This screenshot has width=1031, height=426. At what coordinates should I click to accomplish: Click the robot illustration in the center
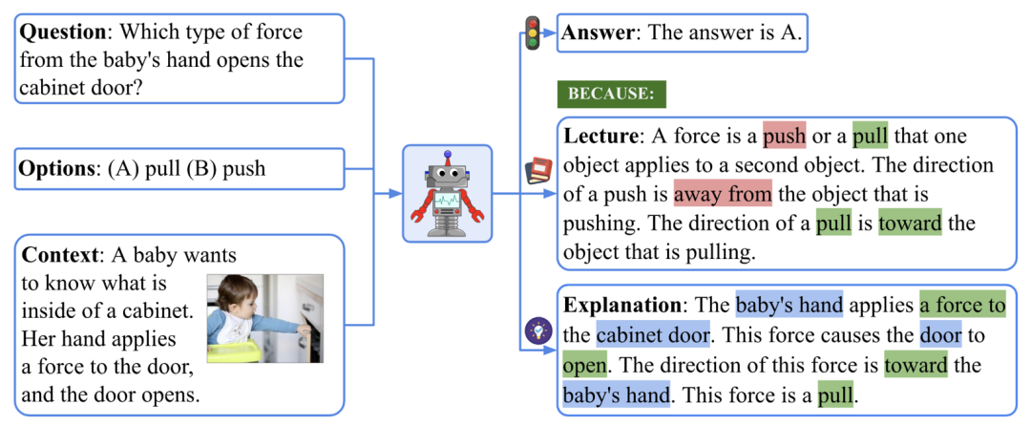point(447,193)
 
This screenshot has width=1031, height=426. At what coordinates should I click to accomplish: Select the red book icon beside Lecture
point(537,171)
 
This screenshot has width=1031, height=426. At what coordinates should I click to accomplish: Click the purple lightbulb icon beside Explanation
point(537,330)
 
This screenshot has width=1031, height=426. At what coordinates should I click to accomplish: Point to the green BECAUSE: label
point(612,94)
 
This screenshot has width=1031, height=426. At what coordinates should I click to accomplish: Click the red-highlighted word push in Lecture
point(785,137)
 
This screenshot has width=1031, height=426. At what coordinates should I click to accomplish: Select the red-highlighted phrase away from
point(723,195)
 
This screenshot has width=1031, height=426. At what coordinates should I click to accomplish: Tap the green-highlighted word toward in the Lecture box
point(910,224)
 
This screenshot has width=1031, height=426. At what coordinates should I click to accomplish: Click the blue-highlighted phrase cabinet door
point(653,334)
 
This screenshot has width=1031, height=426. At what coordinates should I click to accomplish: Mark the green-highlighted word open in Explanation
point(584,364)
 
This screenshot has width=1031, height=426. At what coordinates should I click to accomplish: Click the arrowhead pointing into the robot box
point(395,193)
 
